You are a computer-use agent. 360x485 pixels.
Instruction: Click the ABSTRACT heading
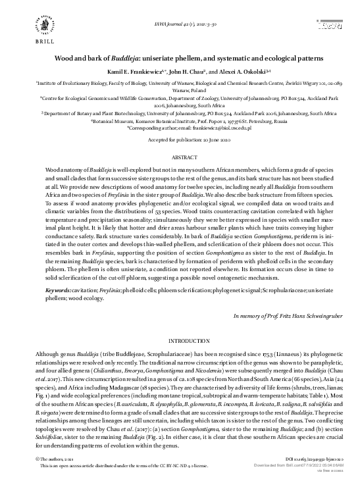(180, 158)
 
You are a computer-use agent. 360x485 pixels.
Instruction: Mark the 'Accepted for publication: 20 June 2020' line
(180, 141)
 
